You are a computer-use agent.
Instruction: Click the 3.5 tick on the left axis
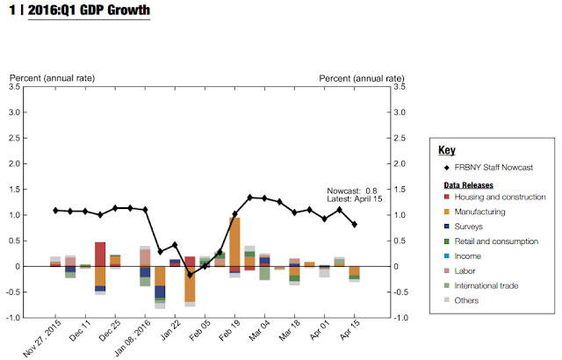tap(16, 87)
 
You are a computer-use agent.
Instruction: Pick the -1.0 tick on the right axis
tap(399, 318)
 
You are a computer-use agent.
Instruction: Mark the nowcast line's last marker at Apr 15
tap(354, 225)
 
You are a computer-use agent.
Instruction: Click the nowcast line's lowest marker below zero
tap(190, 275)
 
